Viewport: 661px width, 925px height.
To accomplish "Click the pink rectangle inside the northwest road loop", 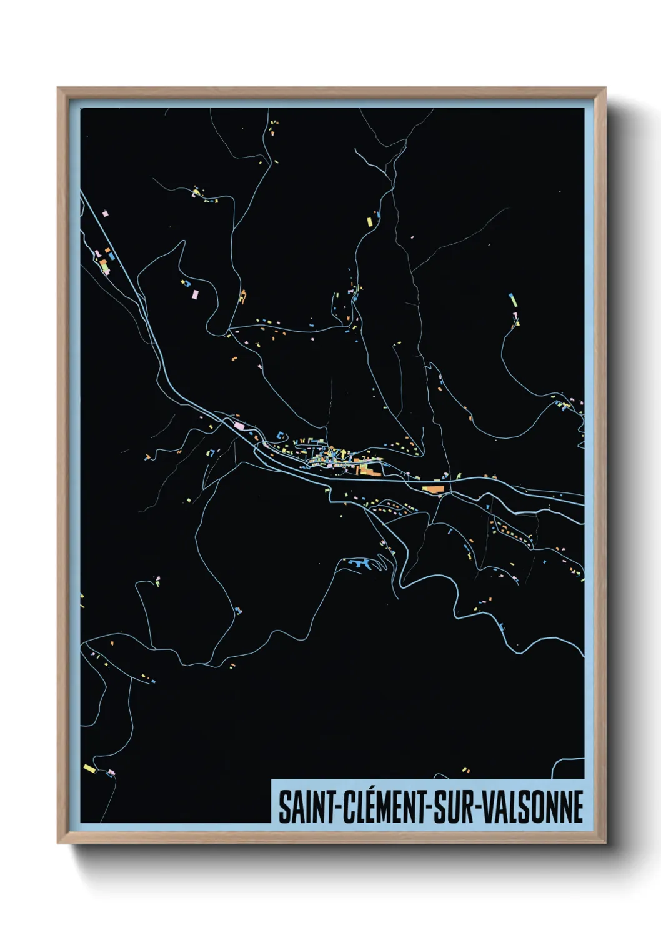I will [195, 292].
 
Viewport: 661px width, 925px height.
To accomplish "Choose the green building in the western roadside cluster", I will [104, 268].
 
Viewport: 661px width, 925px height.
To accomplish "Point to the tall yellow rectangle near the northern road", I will [369, 221].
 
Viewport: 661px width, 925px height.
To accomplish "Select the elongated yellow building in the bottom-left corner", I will [89, 767].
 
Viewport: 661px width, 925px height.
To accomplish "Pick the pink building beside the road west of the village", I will [239, 426].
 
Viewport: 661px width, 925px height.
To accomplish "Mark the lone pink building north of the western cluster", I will [104, 214].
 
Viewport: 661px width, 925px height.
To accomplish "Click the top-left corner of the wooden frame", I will [58, 88].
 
